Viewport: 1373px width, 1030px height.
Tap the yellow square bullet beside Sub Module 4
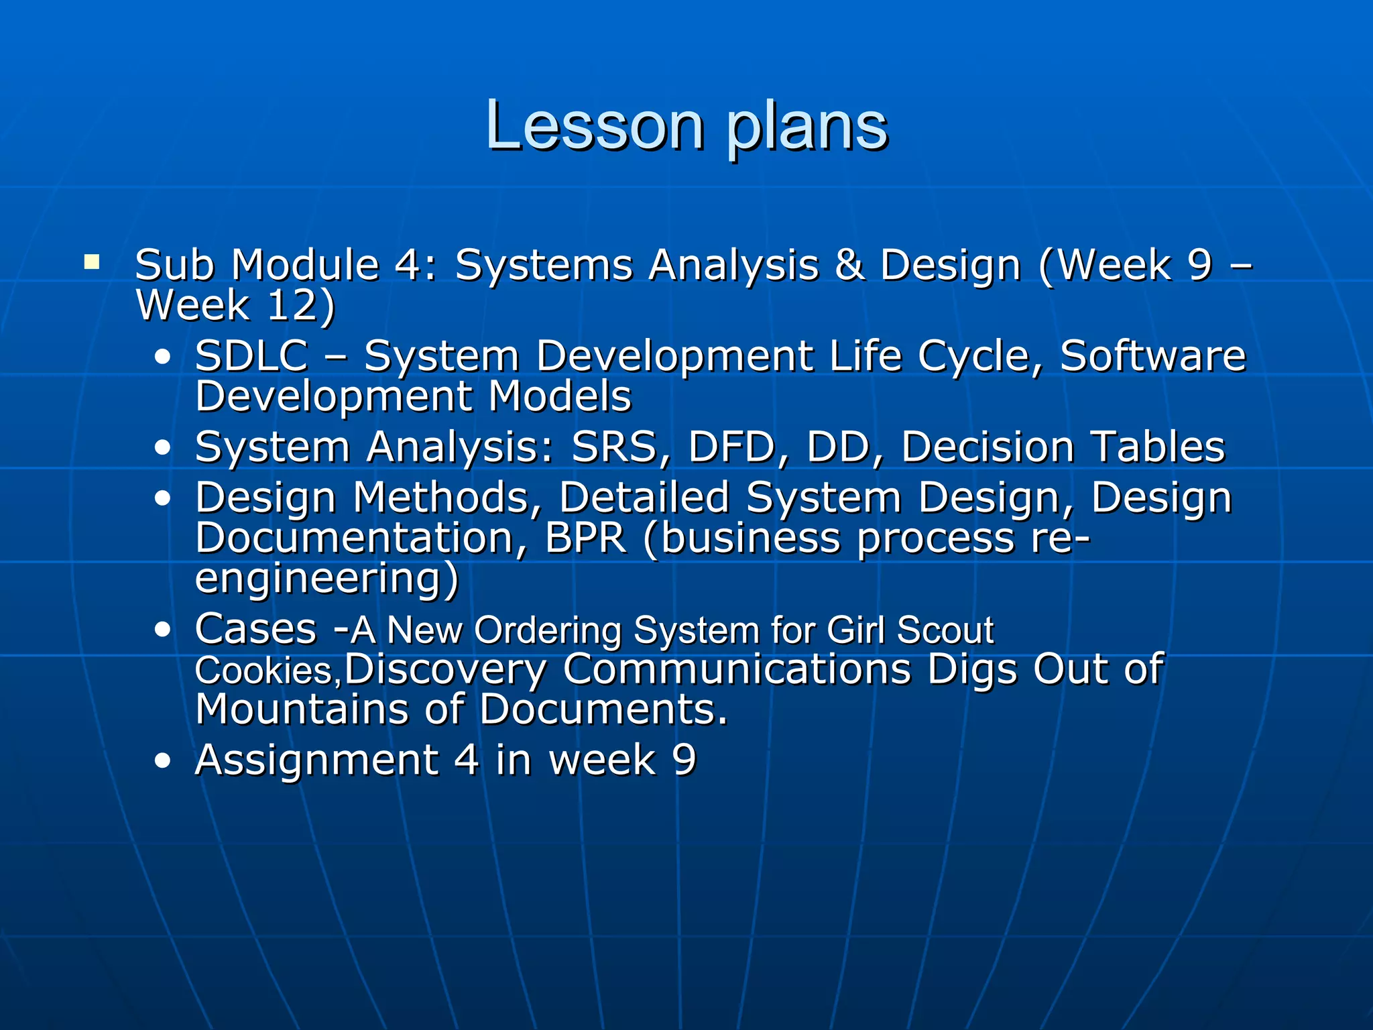[92, 262]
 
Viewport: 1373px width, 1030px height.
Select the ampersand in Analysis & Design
[849, 264]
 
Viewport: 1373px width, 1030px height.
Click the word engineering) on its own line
[326, 578]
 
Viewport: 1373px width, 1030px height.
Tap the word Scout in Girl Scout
[945, 630]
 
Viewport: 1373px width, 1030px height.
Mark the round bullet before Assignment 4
[162, 761]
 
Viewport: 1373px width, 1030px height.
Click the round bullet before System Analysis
[162, 448]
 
